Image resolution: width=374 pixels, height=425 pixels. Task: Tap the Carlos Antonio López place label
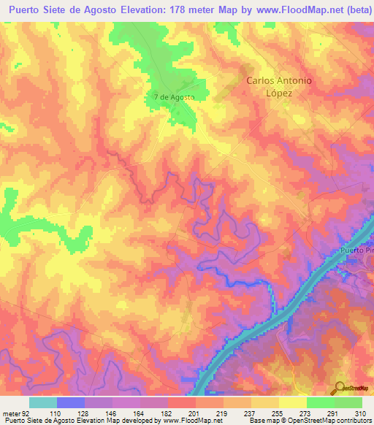coord(279,87)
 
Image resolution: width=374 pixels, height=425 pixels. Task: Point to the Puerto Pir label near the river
coord(356,251)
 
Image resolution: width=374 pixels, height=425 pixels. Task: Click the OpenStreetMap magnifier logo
coord(339,387)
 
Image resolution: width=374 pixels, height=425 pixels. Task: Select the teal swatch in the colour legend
coord(43,402)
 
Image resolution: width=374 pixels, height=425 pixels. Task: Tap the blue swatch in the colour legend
coord(71,402)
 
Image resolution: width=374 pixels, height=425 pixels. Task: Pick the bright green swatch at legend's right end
coord(348,402)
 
